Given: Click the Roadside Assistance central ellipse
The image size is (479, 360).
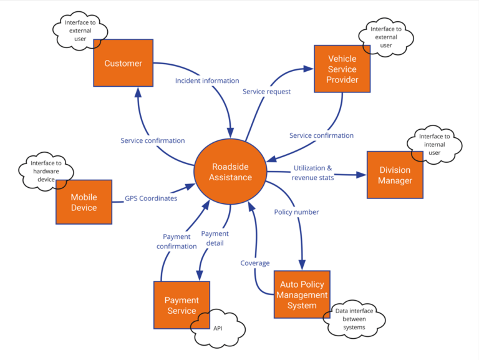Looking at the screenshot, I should pyautogui.click(x=231, y=172).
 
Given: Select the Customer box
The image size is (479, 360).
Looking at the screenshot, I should pyautogui.click(x=123, y=63).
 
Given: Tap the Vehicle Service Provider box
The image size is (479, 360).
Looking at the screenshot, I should pyautogui.click(x=343, y=69).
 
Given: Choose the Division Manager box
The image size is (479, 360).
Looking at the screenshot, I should pyautogui.click(x=395, y=175).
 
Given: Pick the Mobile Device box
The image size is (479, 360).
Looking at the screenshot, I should pyautogui.click(x=84, y=202).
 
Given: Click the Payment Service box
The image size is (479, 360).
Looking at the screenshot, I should pyautogui.click(x=181, y=305).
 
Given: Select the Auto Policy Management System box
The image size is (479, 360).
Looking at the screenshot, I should pyautogui.click(x=302, y=294).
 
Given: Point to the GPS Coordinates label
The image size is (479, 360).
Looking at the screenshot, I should pyautogui.click(x=150, y=198).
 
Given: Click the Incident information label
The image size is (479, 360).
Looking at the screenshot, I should pyautogui.click(x=207, y=80).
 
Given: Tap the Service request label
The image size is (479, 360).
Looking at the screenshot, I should pyautogui.click(x=266, y=92).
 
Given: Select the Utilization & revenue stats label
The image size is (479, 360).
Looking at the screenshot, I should pyautogui.click(x=313, y=173).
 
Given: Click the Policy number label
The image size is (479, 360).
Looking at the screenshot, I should pyautogui.click(x=296, y=212).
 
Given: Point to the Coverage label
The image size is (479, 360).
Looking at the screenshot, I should pyautogui.click(x=255, y=263).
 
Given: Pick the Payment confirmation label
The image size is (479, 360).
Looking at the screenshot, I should pyautogui.click(x=177, y=241).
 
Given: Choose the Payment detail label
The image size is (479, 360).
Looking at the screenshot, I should pyautogui.click(x=215, y=238).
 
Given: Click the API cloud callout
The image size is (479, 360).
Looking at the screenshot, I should pyautogui.click(x=218, y=327).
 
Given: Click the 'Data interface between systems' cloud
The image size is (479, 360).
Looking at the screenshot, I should pyautogui.click(x=351, y=319).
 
